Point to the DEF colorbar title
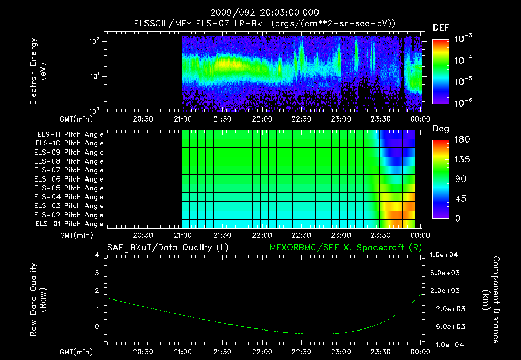[x=441, y=27]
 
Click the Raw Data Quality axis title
[x=38, y=300]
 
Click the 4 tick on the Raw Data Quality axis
[x=97, y=255]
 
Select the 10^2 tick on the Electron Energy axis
[x=95, y=41]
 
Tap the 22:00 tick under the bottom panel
[x=262, y=352]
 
